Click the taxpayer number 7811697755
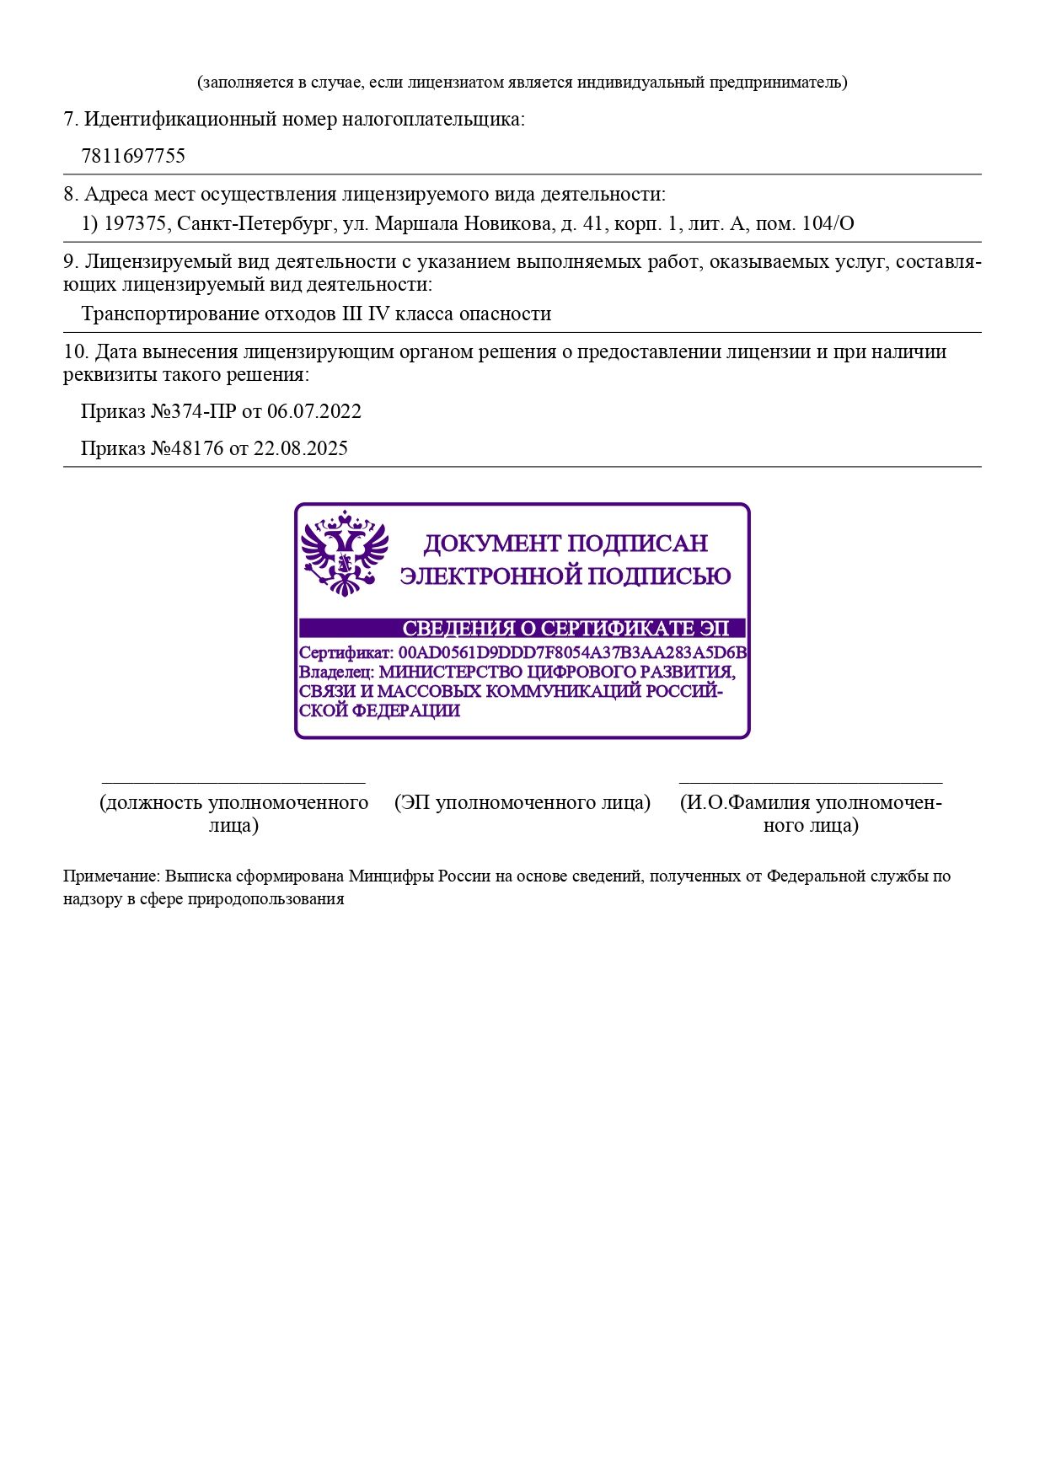click(133, 156)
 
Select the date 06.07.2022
click(314, 412)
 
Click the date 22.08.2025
click(301, 448)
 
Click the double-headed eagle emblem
click(345, 553)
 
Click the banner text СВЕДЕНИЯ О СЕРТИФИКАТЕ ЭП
click(565, 629)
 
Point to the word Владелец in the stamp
click(336, 673)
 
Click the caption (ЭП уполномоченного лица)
click(522, 803)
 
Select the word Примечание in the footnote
click(110, 876)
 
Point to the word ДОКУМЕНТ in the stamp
click(492, 544)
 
